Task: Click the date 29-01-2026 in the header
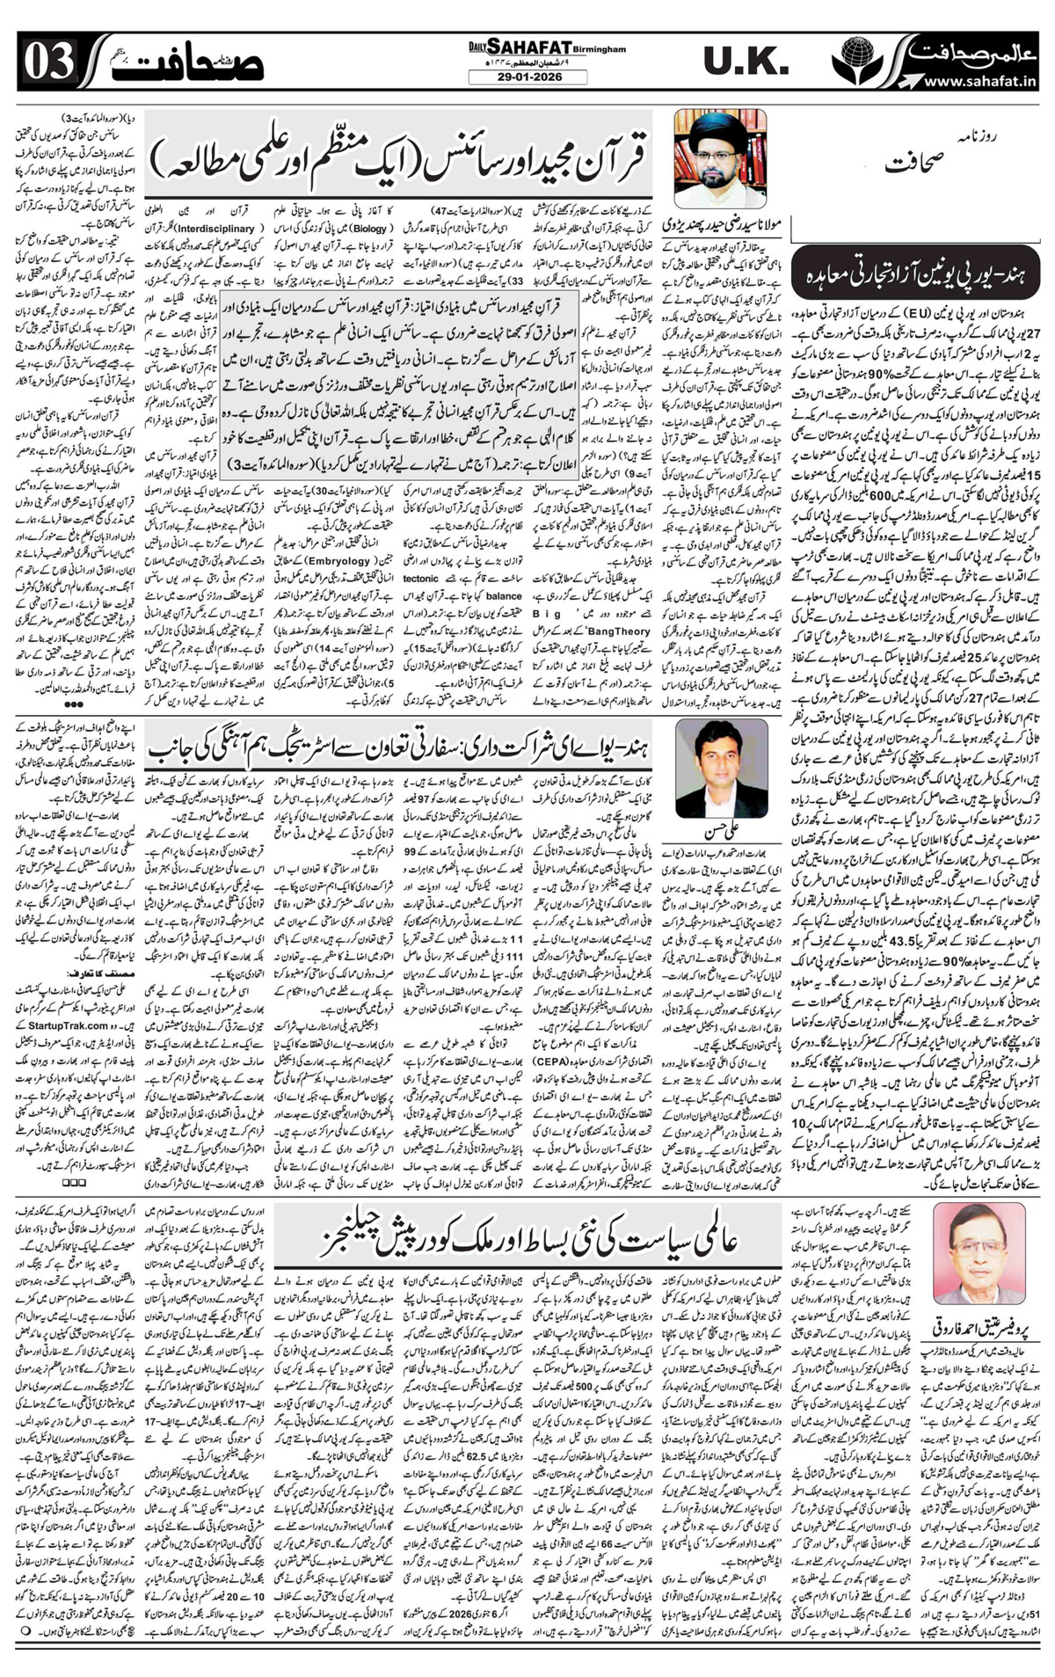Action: pos(527,77)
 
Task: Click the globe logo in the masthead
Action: pos(853,59)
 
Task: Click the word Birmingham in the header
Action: pos(601,50)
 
